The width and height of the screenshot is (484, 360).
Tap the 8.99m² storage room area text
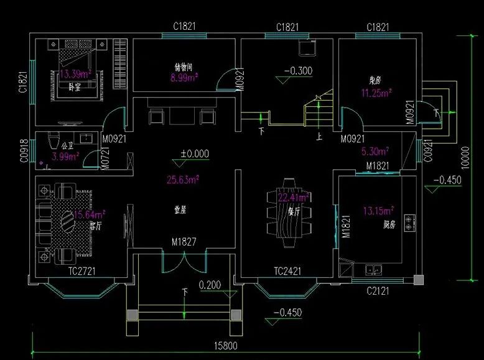tap(184, 78)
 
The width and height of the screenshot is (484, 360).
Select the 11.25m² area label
tap(376, 94)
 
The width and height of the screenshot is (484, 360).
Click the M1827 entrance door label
tap(184, 242)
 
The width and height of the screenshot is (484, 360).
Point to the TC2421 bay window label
tap(288, 272)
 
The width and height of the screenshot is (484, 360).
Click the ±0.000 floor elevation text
tap(195, 153)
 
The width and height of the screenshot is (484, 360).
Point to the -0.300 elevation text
tap(298, 71)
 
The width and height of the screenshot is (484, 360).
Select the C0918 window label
tap(22, 149)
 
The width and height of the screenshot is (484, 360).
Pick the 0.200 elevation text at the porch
tap(210, 285)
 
